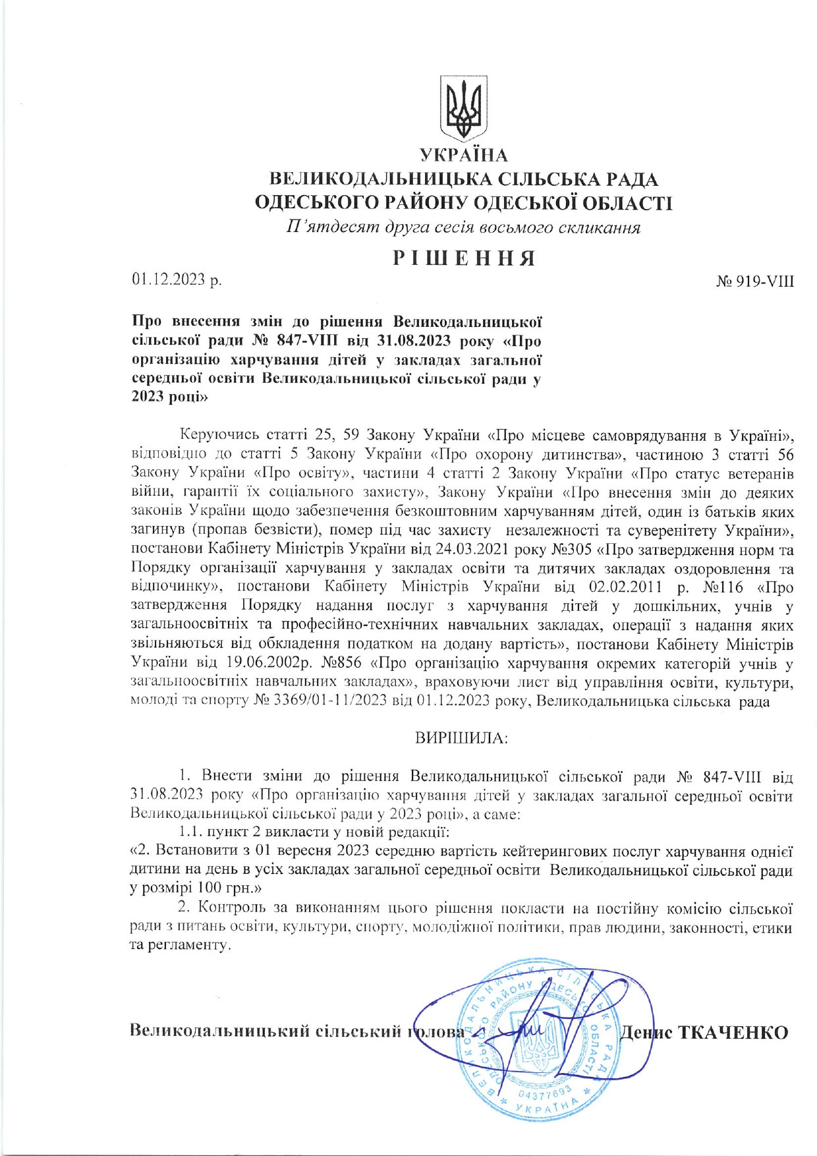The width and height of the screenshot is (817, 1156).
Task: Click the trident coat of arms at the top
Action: pos(464,107)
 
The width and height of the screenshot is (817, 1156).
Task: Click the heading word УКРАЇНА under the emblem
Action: pos(464,156)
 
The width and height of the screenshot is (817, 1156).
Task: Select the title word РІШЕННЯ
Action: pos(464,258)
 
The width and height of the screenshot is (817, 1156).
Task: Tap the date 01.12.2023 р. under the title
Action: pos(177,280)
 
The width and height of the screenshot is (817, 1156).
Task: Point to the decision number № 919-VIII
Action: pos(754,281)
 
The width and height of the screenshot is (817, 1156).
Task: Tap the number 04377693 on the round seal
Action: pos(544,1093)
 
